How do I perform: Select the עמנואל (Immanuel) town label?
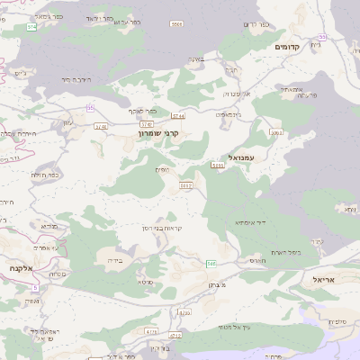click(244, 157)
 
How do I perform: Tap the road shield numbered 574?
click(33, 28)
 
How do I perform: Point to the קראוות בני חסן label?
click(164, 228)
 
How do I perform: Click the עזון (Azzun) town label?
click(68, 122)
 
